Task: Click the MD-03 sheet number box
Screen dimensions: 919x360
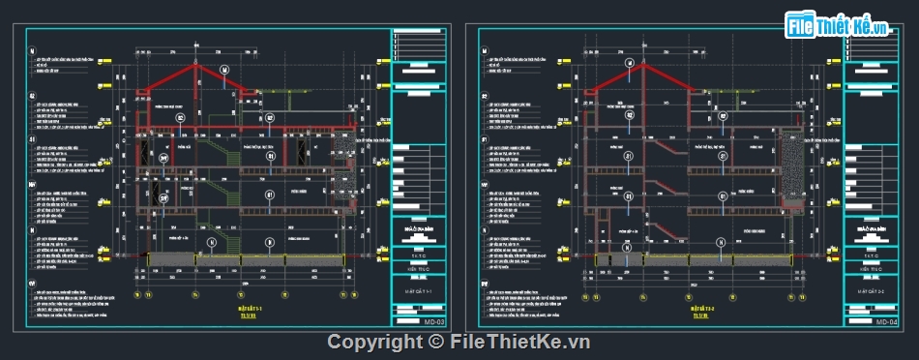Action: pyautogui.click(x=433, y=322)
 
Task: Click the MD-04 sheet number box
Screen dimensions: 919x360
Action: pyautogui.click(x=886, y=322)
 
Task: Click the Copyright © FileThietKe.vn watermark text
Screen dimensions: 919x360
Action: pyautogui.click(x=459, y=342)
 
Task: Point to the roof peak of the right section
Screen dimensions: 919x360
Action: pyautogui.click(x=639, y=56)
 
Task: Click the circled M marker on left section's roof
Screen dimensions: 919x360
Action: pyautogui.click(x=223, y=70)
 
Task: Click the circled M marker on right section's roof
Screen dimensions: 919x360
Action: pyautogui.click(x=629, y=65)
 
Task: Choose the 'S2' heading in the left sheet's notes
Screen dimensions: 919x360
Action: pyautogui.click(x=32, y=97)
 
